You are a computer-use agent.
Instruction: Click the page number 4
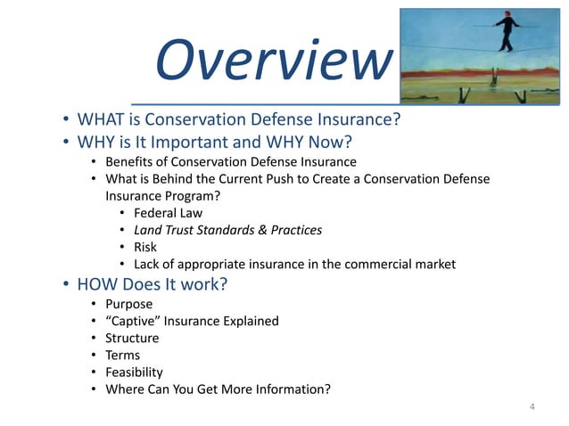tap(532, 407)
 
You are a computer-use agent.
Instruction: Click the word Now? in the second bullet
tap(328, 142)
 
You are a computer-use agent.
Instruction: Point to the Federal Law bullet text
tap(168, 213)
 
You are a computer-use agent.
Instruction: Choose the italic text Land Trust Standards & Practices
tap(227, 230)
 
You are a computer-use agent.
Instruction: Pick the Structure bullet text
tap(132, 338)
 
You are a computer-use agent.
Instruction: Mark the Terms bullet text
tap(124, 355)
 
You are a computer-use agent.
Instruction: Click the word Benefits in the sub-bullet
tap(130, 162)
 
